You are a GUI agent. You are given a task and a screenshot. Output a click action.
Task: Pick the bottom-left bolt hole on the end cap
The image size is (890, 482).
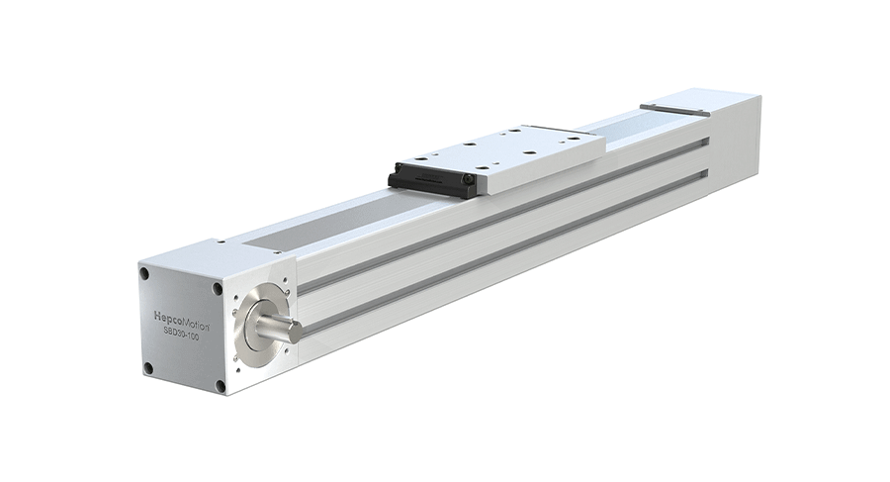[147, 367]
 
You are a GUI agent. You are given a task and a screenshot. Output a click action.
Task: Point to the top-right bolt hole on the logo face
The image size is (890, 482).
[218, 288]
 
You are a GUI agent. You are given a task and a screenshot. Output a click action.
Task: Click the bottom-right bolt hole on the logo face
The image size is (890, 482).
[221, 385]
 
